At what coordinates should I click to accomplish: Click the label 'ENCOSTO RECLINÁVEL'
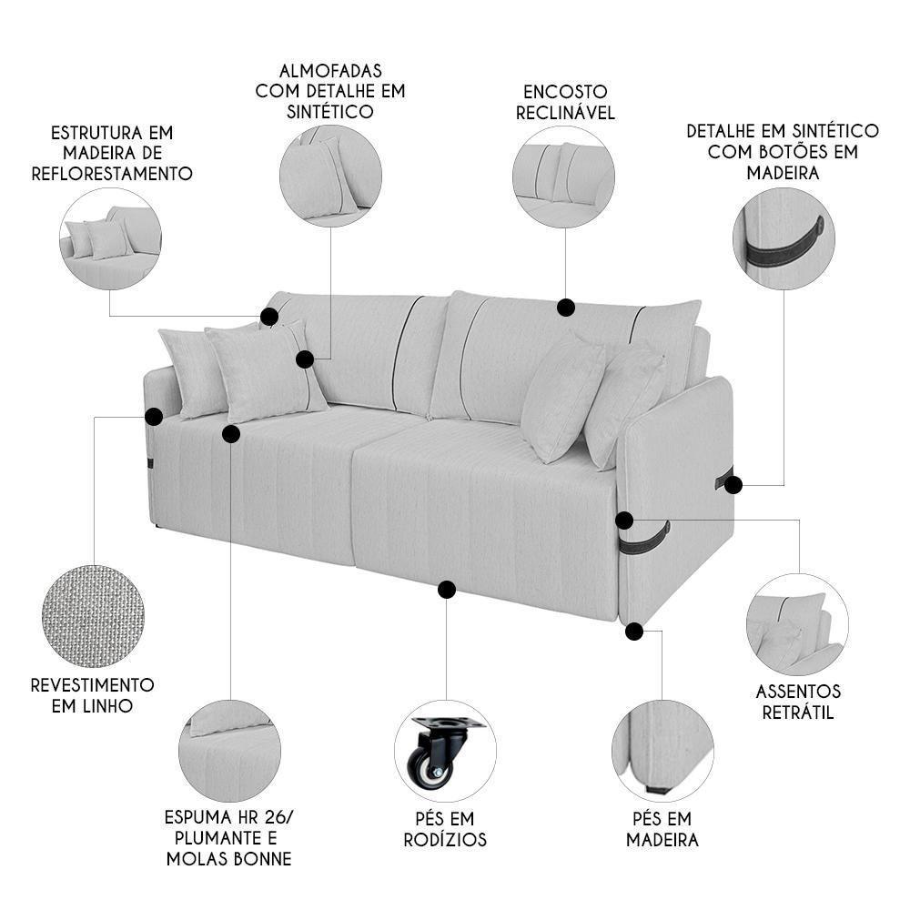(565, 102)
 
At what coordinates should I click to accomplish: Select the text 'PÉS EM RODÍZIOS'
(445, 829)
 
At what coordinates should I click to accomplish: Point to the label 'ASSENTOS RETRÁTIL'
(799, 703)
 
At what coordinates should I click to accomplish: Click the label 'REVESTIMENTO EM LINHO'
(92, 694)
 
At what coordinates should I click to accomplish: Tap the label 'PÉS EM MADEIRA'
(662, 829)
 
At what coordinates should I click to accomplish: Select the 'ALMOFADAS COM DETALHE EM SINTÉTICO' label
(330, 91)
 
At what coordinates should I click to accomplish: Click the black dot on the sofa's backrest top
(565, 308)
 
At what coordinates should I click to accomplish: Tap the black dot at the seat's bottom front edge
(446, 590)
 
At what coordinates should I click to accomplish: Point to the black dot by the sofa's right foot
(634, 631)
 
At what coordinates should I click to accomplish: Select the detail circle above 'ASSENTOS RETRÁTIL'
(797, 624)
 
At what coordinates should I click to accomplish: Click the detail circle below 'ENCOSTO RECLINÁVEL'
(563, 177)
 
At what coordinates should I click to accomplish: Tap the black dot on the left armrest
(154, 417)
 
